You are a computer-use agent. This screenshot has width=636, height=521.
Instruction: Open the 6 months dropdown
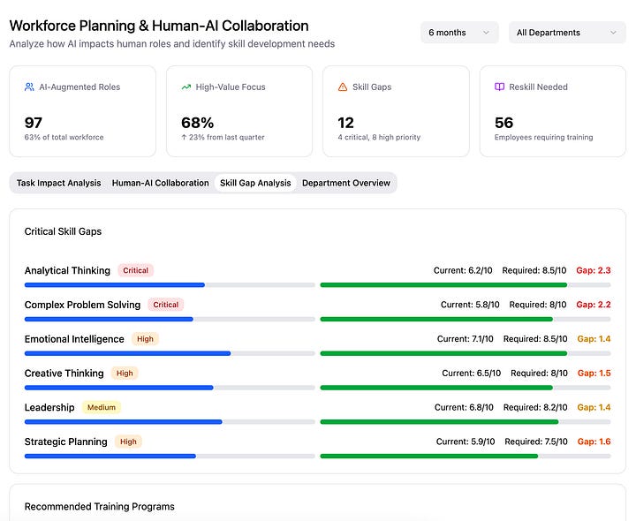click(x=459, y=33)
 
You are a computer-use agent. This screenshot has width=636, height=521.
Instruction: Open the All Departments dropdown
click(x=566, y=33)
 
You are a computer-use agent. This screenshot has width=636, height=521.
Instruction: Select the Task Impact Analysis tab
click(x=58, y=183)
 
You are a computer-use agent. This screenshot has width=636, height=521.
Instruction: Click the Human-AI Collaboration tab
click(x=160, y=183)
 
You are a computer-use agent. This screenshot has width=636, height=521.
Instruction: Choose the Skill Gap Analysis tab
click(x=255, y=183)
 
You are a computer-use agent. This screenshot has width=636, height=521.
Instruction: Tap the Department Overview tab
click(x=346, y=183)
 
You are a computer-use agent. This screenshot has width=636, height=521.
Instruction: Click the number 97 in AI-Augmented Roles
click(x=34, y=123)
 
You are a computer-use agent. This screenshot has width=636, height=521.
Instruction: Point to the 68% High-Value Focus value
click(x=197, y=123)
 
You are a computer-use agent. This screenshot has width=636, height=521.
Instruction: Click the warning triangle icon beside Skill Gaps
click(x=343, y=87)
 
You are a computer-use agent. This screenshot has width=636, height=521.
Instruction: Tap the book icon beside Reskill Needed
click(x=499, y=87)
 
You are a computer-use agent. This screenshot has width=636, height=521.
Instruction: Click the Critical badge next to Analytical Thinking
click(x=135, y=271)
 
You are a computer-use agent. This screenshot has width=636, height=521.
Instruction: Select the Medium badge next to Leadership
click(x=101, y=408)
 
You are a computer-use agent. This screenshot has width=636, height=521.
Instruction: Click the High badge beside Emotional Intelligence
click(x=145, y=339)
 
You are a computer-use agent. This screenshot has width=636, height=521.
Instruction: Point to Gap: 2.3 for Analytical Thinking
click(x=593, y=271)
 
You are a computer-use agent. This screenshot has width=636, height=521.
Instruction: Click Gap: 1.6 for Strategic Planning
click(x=594, y=442)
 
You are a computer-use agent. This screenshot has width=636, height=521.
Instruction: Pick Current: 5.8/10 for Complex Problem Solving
click(x=470, y=305)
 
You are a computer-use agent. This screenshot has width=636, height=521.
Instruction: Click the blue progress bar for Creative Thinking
click(x=119, y=388)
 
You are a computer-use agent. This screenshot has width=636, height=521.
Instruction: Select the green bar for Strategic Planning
click(x=428, y=456)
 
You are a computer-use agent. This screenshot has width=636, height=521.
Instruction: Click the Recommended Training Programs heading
click(x=99, y=507)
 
